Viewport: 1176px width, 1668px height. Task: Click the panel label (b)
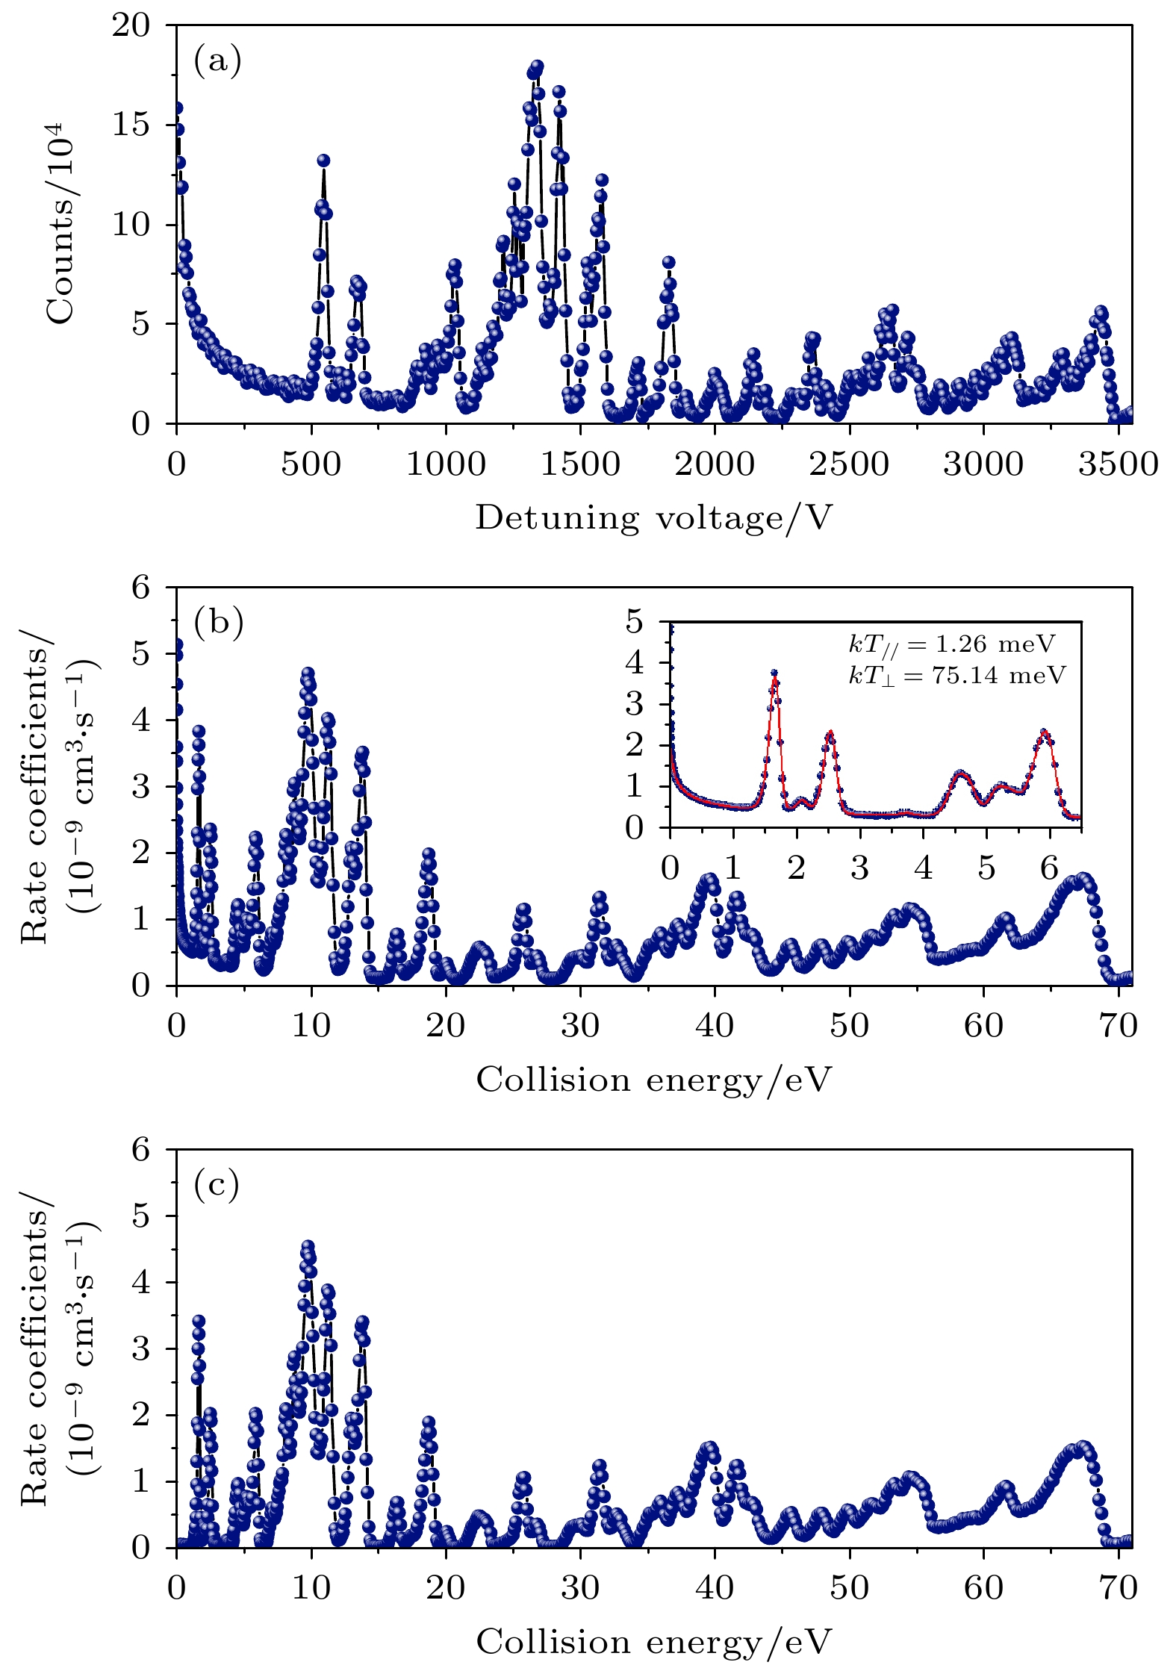[x=218, y=622]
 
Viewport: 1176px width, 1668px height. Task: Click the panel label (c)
[x=217, y=1183]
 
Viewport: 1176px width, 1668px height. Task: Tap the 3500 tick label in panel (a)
[x=1117, y=464]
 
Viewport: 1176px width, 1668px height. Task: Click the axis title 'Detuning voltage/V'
[x=653, y=517]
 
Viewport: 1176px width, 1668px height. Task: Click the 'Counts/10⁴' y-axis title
[x=61, y=224]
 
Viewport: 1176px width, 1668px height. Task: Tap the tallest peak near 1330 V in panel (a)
[x=537, y=66]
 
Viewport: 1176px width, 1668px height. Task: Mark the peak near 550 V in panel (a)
[x=323, y=161]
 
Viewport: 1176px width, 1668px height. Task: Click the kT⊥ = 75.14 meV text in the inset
[x=956, y=676]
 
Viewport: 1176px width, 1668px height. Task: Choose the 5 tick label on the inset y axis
[x=634, y=621]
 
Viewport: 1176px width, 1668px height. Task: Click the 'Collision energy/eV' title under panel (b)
[x=653, y=1079]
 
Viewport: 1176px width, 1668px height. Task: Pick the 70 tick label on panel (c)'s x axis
[x=1118, y=1587]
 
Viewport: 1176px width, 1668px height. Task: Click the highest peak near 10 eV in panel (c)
[x=308, y=1247]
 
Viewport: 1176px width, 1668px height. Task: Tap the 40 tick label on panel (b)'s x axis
[x=715, y=1026]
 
